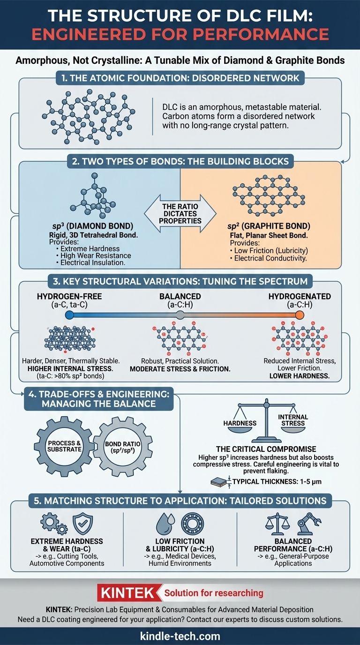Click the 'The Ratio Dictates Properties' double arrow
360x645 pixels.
tap(180, 214)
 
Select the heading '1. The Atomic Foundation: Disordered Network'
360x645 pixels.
tap(180, 78)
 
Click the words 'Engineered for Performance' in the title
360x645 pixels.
tap(180, 34)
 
